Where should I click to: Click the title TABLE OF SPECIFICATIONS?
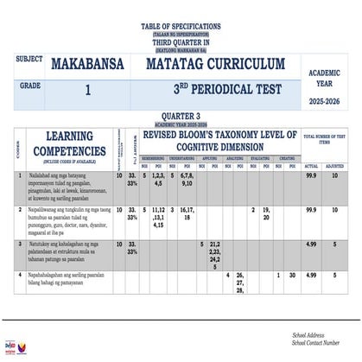[181, 27]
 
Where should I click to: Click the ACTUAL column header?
[312, 165]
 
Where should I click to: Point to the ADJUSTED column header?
[338, 165]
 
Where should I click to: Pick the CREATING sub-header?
[285, 158]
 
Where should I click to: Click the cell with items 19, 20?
[267, 213]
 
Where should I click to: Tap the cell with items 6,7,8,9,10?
[187, 179]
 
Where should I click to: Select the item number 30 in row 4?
[293, 276]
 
